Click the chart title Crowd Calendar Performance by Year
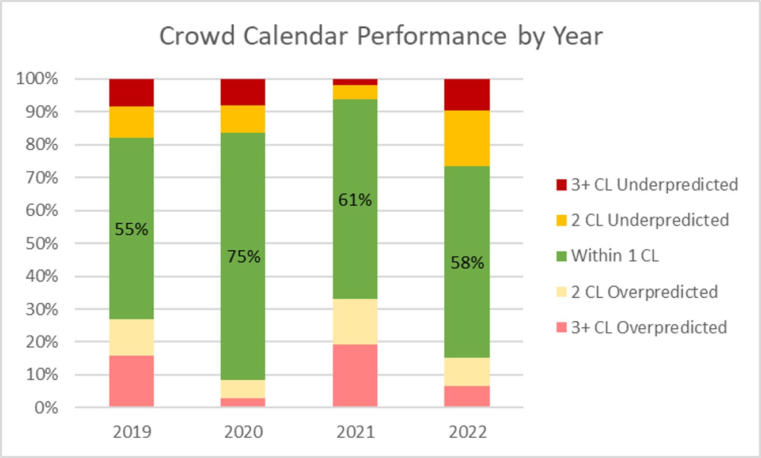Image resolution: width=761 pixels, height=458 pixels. [x=380, y=36]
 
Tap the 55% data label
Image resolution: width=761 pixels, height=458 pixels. [x=132, y=230]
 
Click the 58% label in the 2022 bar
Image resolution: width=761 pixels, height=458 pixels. [x=467, y=263]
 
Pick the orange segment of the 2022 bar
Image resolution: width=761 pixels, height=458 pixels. [x=467, y=138]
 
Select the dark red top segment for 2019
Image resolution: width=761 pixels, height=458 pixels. [x=131, y=92]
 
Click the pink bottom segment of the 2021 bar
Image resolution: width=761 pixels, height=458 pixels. [x=355, y=376]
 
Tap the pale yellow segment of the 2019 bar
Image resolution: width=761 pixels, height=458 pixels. [x=131, y=337]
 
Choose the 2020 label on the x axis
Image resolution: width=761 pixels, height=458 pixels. [x=243, y=432]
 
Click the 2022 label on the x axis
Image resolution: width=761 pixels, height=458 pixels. [x=467, y=432]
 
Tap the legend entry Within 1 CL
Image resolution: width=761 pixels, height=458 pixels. [x=614, y=256]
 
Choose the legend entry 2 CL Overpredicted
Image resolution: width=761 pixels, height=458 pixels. [x=644, y=292]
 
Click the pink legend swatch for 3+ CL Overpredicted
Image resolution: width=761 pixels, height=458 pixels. [x=561, y=328]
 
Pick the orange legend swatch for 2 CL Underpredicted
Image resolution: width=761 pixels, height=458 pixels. [x=561, y=220]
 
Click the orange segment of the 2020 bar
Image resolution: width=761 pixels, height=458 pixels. [x=243, y=119]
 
